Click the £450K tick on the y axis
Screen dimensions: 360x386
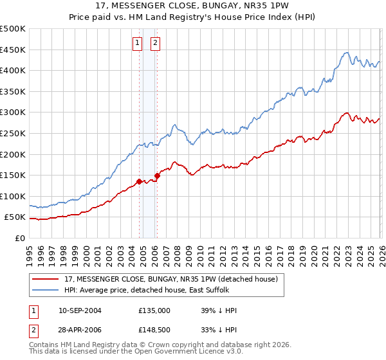click(13, 50)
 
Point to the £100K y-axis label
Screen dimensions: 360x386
click(13, 196)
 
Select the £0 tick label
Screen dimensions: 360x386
click(20, 238)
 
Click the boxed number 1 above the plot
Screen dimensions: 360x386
click(138, 44)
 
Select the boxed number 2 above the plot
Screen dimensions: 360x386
click(156, 44)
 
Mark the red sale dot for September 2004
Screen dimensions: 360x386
click(139, 181)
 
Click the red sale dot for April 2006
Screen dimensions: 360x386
click(158, 175)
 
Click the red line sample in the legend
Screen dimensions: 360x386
click(46, 279)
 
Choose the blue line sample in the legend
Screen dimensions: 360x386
click(46, 290)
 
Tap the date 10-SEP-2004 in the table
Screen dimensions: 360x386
click(80, 310)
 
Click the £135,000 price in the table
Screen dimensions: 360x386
click(154, 310)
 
